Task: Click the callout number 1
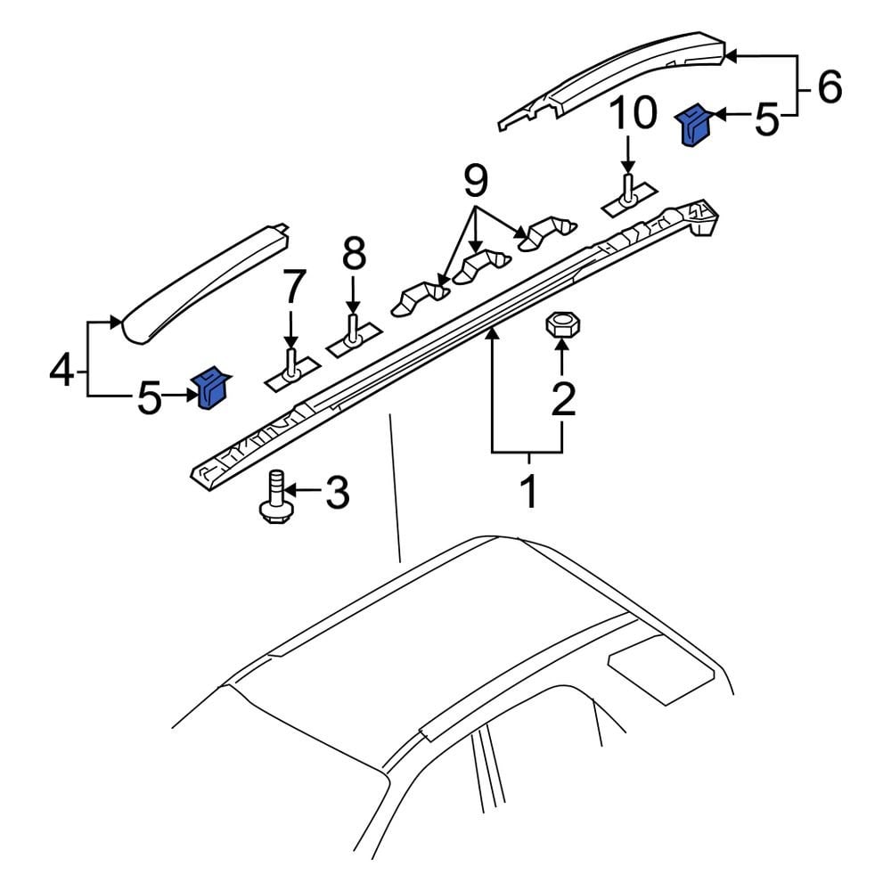click(528, 491)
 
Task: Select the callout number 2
click(562, 401)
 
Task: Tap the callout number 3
click(336, 493)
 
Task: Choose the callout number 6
click(828, 87)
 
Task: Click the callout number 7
click(292, 288)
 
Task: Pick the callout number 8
click(354, 255)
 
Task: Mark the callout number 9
click(476, 183)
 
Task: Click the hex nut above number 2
click(560, 323)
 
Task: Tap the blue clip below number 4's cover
click(212, 388)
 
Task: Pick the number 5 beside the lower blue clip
click(150, 398)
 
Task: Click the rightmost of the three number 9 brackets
click(544, 233)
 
